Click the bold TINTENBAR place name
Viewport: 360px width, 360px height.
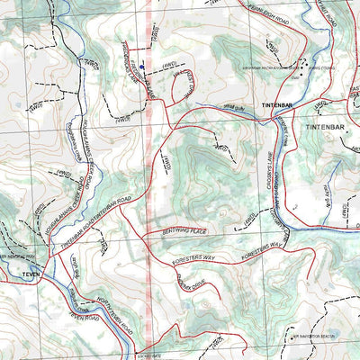pos(278,106)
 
